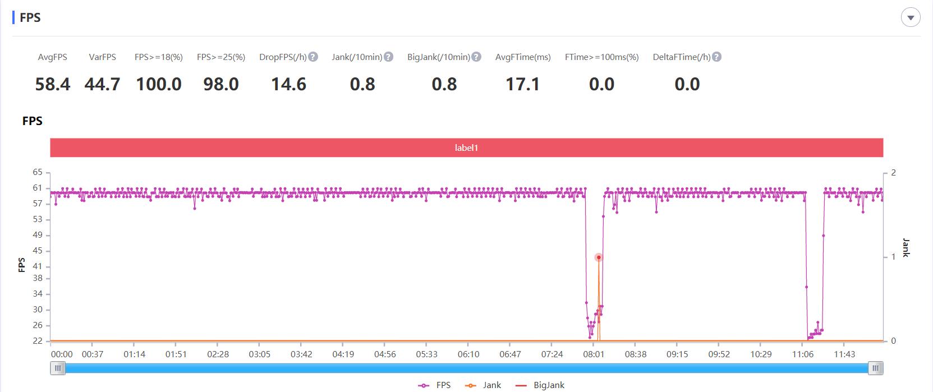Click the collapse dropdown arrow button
910,18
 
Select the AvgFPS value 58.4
53,84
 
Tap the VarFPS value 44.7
102,84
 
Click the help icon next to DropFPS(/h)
313,57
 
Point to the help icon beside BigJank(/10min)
476,57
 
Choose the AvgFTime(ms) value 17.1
522,84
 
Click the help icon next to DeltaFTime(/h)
716,57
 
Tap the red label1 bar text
466,148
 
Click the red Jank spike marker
599,257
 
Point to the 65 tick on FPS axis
38,173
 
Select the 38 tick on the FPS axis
38,278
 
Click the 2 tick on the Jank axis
894,173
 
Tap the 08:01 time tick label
594,354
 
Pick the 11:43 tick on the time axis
844,354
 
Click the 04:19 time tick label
343,354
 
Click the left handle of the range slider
58,368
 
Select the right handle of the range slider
875,368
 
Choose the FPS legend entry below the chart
435,385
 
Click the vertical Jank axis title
906,248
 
